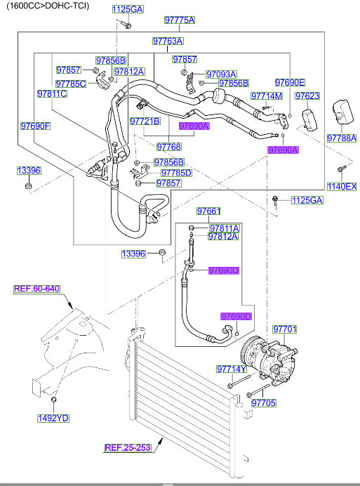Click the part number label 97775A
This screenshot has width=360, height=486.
click(179, 20)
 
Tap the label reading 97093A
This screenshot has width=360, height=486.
click(221, 74)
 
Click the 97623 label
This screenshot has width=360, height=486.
click(307, 96)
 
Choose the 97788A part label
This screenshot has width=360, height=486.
click(342, 138)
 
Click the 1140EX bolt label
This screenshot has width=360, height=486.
click(342, 186)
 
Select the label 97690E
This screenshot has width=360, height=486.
click(290, 82)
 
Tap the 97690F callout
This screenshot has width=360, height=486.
click(35, 126)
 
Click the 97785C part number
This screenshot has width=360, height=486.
click(71, 84)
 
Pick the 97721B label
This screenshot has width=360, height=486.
click(145, 121)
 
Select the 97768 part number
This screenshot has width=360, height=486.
click(168, 147)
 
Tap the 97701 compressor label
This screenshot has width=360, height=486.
click(285, 328)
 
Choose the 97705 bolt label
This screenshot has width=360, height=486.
click(264, 403)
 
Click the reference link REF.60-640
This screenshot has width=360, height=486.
click(37, 288)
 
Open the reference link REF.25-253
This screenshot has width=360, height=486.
click(128, 447)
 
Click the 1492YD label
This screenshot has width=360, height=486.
click(53, 419)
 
